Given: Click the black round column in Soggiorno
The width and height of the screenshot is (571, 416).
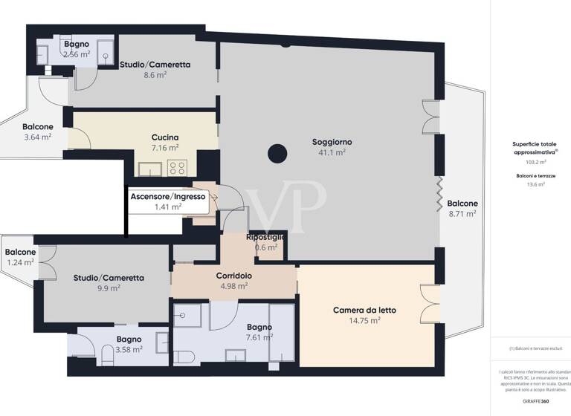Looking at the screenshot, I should tap(277, 155).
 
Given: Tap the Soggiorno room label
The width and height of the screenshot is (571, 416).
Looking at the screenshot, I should tap(332, 141).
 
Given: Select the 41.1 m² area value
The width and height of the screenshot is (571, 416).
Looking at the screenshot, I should tap(332, 152).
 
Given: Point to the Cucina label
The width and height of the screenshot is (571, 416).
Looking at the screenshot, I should tap(164, 137).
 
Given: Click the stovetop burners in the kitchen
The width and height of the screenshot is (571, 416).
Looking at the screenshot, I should tap(177, 167).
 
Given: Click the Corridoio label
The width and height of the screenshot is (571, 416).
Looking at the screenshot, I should tap(233, 276).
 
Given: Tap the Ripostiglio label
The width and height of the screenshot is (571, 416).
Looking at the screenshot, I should tap(266, 237).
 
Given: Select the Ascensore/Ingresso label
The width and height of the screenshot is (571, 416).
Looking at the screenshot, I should tap(168, 196).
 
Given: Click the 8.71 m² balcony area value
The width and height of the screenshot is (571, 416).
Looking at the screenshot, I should tap(462, 214).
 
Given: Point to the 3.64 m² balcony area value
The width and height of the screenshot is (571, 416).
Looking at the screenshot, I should tap(37, 137).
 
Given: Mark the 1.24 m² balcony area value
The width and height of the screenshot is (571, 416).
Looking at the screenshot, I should tap(20, 262).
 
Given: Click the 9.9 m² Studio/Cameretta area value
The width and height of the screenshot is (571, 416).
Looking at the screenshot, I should tap(109, 289).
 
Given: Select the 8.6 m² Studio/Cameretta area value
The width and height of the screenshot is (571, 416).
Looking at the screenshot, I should tap(155, 75).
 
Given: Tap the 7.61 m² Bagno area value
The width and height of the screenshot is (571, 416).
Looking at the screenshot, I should tap(259, 337).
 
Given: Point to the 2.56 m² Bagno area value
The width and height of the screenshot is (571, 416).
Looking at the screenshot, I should tap(77, 54).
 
